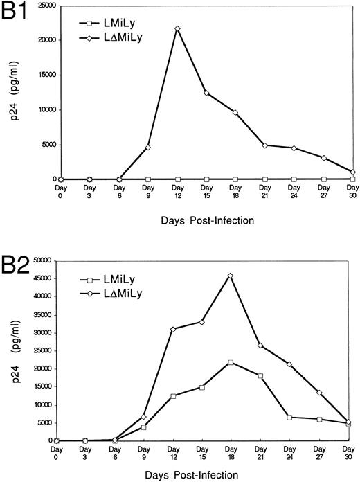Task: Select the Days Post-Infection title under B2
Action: tap(198, 476)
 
